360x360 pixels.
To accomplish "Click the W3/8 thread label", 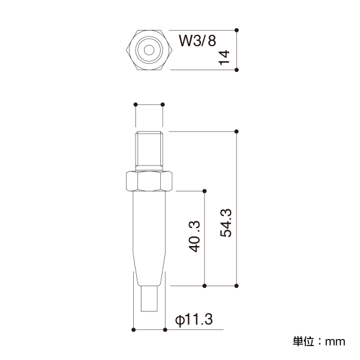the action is coord(197,41).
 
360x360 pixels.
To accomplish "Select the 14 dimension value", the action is coord(224,58).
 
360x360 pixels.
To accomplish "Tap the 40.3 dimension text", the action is coord(194,236).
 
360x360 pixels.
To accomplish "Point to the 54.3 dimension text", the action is coord(226,223).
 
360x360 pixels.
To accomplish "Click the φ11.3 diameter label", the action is coord(194,319).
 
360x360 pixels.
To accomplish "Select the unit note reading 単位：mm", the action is coord(319,341).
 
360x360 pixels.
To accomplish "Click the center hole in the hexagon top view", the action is coord(149,50).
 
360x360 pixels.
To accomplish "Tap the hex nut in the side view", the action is coord(149,181).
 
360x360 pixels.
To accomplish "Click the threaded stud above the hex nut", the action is coord(149,151).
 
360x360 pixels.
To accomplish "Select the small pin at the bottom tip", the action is coord(149,299).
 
